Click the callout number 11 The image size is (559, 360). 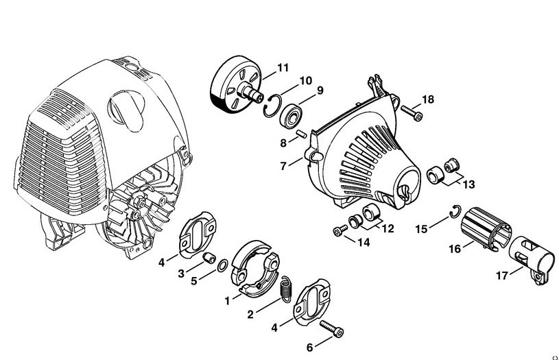click(x=283, y=68)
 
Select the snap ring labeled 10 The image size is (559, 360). click(x=273, y=105)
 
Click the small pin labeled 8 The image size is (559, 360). click(x=301, y=134)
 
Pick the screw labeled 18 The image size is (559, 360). click(x=412, y=112)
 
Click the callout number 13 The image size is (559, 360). click(x=468, y=184)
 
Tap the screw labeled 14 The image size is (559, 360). click(x=340, y=230)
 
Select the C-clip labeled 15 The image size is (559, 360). click(x=455, y=212)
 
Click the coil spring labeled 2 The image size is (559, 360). click(x=287, y=289)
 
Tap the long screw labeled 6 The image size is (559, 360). click(x=331, y=328)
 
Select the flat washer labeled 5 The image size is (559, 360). click(x=223, y=265)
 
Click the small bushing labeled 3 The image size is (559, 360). click(x=209, y=257)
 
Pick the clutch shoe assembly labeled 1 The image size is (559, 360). click(x=255, y=268)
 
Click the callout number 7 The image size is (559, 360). click(x=283, y=166)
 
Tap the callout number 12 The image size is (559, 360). click(x=388, y=228)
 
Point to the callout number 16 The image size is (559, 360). click(x=455, y=249)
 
